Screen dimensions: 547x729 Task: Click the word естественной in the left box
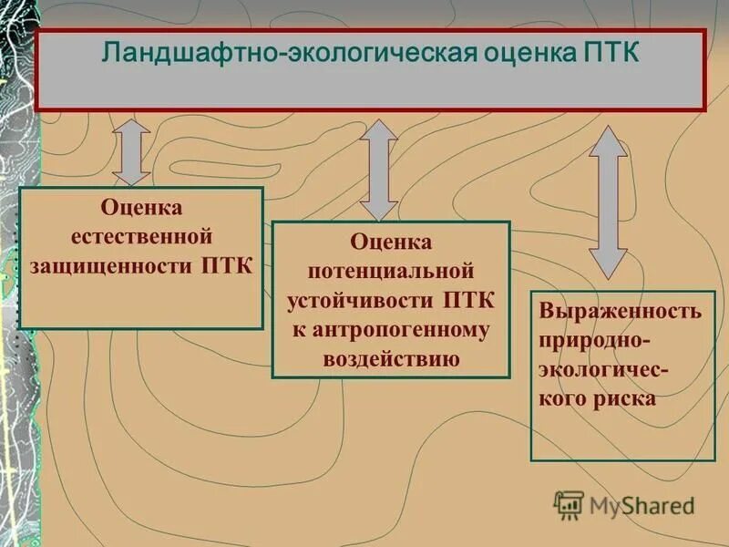point(140,237)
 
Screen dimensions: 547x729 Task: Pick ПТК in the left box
point(225,266)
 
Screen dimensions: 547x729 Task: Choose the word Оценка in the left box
point(140,209)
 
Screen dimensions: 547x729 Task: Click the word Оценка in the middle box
point(391,243)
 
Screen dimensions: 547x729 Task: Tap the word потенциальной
point(391,272)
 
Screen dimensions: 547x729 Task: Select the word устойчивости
point(362,301)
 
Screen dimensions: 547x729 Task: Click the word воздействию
point(391,359)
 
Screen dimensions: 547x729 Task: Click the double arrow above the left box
point(133,152)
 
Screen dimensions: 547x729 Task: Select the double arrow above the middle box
point(377,170)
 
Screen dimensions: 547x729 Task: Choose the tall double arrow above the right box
point(608,201)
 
